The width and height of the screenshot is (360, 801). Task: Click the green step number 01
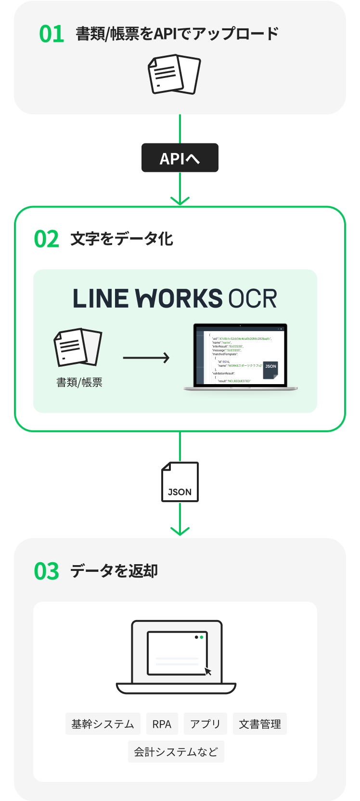click(x=51, y=34)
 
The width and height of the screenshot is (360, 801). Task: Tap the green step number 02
click(x=47, y=239)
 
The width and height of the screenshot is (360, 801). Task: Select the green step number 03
click(x=47, y=571)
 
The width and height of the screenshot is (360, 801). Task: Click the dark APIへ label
click(x=180, y=158)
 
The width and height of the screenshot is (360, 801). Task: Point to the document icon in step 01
click(x=174, y=75)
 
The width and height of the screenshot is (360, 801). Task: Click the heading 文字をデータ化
click(x=122, y=239)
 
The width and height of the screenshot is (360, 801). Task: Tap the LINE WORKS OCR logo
click(x=175, y=298)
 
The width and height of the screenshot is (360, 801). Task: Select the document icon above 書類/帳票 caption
click(x=78, y=348)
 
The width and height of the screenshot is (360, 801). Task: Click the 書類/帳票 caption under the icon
click(x=79, y=382)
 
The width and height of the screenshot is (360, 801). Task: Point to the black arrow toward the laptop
click(x=146, y=358)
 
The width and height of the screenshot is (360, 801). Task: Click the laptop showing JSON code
click(x=240, y=356)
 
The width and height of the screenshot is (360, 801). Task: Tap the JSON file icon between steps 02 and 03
click(x=180, y=482)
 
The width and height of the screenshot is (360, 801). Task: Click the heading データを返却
click(x=114, y=571)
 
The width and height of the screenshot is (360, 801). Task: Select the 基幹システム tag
click(x=103, y=724)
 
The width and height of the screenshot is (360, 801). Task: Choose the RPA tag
click(x=162, y=724)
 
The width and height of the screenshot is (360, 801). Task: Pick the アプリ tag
click(x=205, y=724)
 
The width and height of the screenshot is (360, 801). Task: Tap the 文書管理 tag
click(x=260, y=724)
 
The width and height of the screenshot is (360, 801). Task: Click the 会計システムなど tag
click(x=176, y=752)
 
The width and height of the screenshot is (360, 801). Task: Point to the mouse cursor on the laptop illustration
click(x=208, y=671)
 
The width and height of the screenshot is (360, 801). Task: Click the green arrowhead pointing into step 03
click(x=180, y=531)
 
